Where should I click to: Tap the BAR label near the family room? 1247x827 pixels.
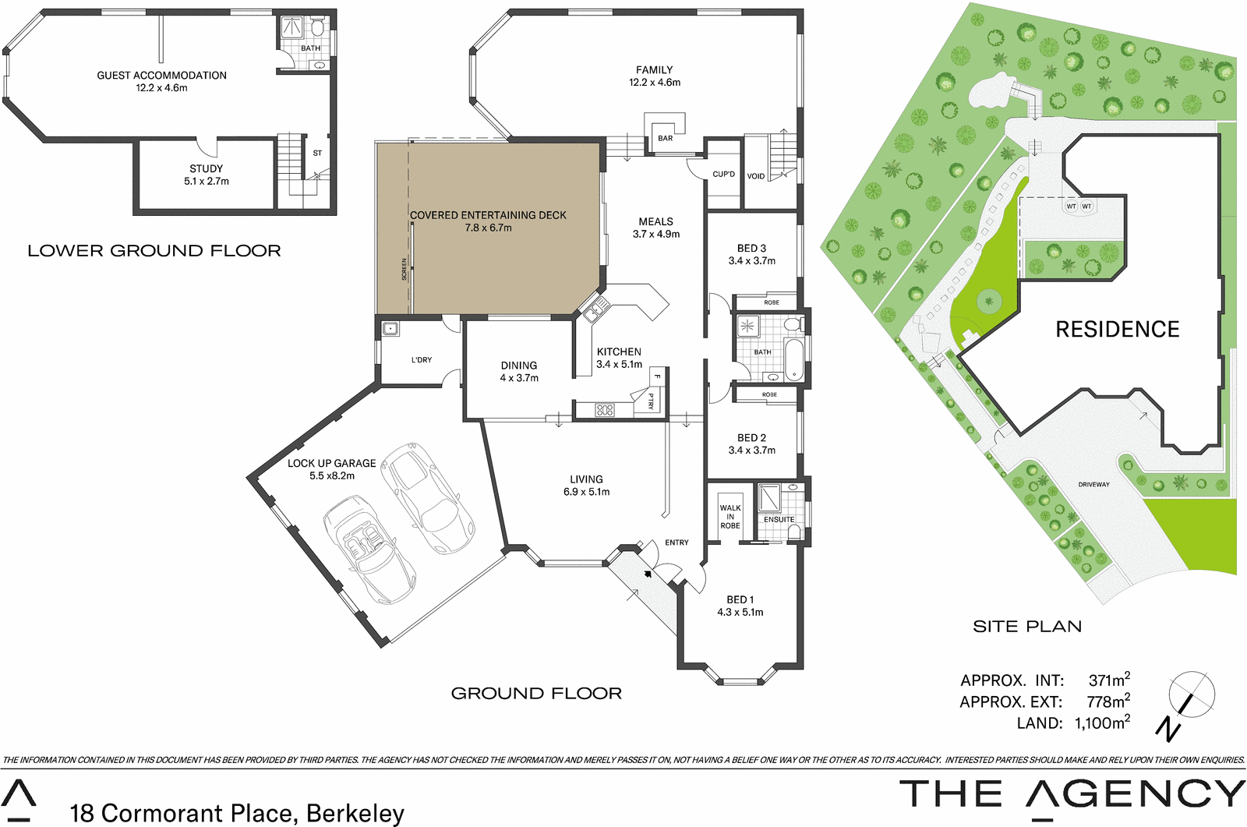click(x=665, y=138)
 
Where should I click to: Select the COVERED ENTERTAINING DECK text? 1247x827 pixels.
click(x=488, y=216)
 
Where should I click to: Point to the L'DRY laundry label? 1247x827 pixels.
click(x=421, y=360)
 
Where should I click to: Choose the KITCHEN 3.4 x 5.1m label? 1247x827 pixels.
click(x=619, y=358)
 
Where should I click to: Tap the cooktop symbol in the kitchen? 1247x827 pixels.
click(x=605, y=410)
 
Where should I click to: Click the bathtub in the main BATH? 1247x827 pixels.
click(x=793, y=359)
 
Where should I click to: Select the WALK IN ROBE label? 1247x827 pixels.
click(x=729, y=517)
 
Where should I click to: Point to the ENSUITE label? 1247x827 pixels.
click(x=779, y=519)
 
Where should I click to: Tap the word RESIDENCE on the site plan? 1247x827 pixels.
click(x=1117, y=330)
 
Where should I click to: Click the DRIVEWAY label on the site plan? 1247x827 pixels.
click(x=1093, y=485)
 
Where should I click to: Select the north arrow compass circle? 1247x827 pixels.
click(x=1191, y=693)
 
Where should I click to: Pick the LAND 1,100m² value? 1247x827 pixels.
click(x=1101, y=723)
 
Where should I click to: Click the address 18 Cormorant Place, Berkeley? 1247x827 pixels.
click(x=237, y=813)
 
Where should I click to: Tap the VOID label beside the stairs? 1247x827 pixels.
click(x=755, y=176)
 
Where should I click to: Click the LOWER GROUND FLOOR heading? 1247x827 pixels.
click(x=154, y=251)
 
